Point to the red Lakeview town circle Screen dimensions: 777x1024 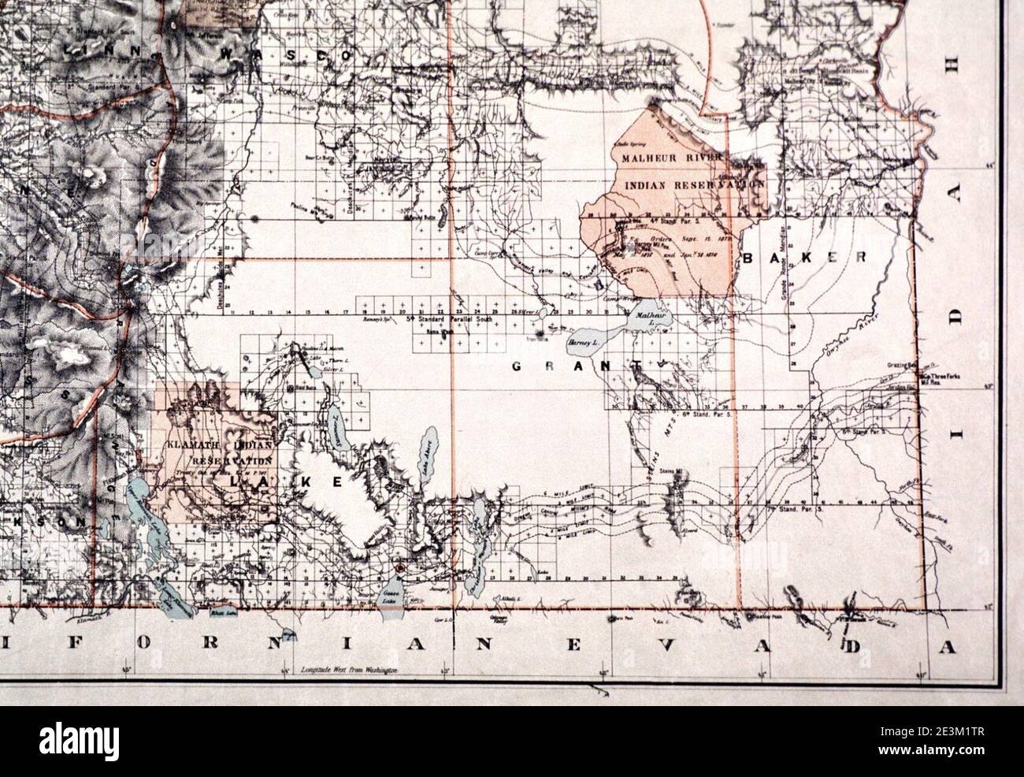click(401, 567)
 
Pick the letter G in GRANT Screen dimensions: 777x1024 click(518, 366)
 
